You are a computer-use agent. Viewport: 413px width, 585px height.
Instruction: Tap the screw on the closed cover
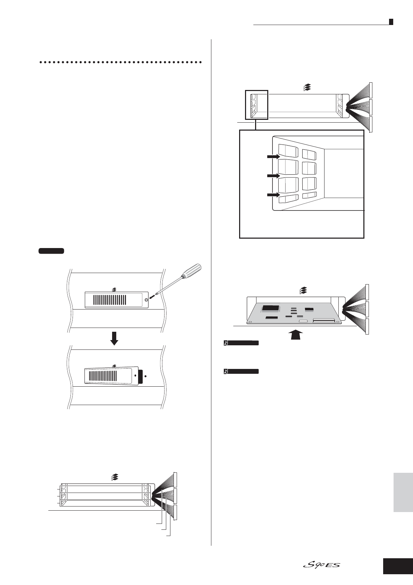click(x=146, y=299)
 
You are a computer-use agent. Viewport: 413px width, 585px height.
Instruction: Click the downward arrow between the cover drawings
click(x=114, y=338)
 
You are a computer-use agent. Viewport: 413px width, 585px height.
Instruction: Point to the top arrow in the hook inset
click(x=273, y=157)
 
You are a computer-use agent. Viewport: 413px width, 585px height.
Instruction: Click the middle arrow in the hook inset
click(x=273, y=176)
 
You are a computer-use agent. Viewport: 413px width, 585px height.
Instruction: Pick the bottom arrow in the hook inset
click(x=273, y=195)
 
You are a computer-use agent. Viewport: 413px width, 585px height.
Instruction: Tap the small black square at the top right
click(x=391, y=22)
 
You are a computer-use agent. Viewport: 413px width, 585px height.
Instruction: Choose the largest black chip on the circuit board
click(x=271, y=308)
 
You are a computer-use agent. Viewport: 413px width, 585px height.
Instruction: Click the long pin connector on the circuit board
click(x=324, y=321)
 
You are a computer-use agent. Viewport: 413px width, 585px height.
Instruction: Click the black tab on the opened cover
click(x=140, y=377)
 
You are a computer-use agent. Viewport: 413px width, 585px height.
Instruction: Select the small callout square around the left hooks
click(x=256, y=105)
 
